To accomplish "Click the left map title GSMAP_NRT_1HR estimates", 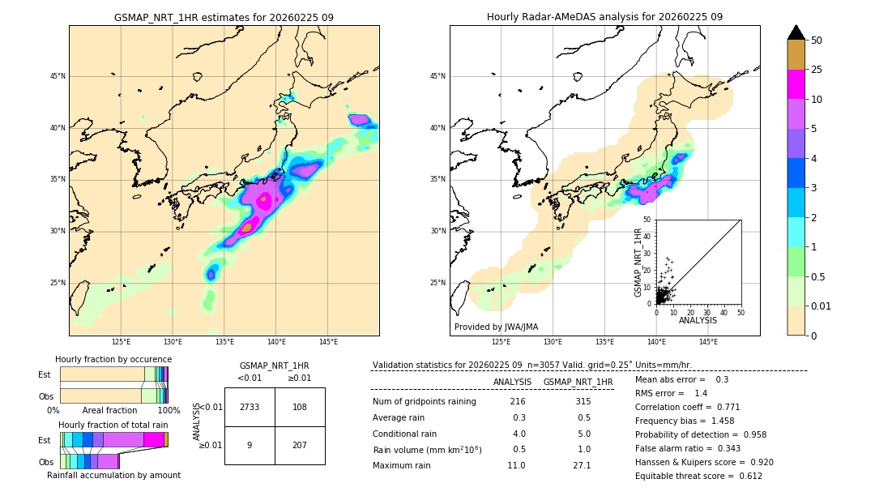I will [x=224, y=17].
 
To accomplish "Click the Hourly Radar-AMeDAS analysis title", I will [x=604, y=17].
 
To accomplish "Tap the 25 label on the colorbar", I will [x=817, y=70].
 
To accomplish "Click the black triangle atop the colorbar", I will [x=796, y=32].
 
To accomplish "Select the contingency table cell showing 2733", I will [x=250, y=407].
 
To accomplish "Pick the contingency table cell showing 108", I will [x=300, y=407].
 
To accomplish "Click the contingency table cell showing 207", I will [x=300, y=445].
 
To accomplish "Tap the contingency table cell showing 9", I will [x=250, y=445].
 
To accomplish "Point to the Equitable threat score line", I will [x=698, y=476].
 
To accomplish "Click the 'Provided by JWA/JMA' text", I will [x=496, y=327].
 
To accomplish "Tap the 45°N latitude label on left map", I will [x=58, y=76].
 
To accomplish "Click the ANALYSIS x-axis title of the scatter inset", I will [x=698, y=320].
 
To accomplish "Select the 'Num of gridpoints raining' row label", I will [x=424, y=402].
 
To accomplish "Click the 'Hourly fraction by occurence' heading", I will [x=113, y=359].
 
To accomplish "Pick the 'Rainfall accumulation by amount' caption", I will [x=113, y=475].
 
